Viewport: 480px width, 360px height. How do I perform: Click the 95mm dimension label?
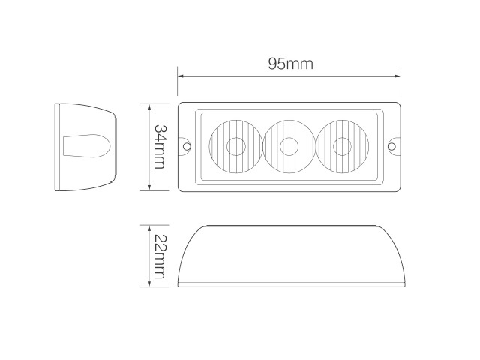tap(290, 64)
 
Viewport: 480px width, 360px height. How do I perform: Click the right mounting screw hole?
tap(392, 146)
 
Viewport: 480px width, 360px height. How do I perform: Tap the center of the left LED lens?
tap(235, 146)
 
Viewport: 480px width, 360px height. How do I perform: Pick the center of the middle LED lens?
tap(289, 146)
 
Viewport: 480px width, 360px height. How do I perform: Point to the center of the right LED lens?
tap(342, 146)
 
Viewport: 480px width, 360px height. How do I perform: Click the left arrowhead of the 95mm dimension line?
tap(181, 75)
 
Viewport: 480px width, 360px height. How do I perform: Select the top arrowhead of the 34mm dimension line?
tap(149, 106)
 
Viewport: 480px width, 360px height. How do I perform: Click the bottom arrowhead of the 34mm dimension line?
tap(149, 187)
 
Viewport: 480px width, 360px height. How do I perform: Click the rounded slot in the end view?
tap(88, 146)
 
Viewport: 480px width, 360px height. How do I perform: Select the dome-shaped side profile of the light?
tap(293, 255)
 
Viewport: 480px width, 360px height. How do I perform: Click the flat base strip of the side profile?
tap(293, 285)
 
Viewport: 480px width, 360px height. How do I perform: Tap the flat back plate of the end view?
tap(58, 146)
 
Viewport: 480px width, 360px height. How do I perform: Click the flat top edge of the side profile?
tap(293, 226)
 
